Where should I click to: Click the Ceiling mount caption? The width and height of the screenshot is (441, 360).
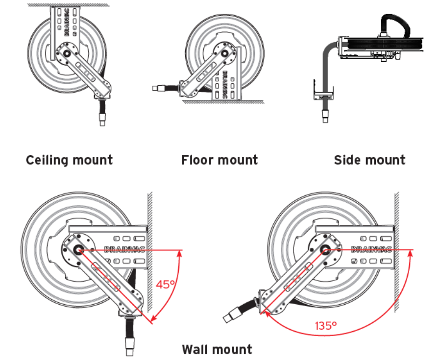point(69,160)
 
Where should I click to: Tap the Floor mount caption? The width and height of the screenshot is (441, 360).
point(219,160)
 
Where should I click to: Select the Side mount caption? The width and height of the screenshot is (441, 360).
point(369,160)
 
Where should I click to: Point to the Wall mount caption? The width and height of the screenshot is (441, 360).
point(217,349)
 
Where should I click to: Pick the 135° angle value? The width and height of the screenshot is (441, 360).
point(326,325)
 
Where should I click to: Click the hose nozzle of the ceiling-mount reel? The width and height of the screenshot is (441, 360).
point(102,119)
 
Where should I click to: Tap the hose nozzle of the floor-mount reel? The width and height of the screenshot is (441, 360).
point(158,89)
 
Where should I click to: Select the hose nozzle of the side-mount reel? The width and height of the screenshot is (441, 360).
point(325,116)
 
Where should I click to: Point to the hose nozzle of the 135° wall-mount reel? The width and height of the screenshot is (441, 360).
point(230,316)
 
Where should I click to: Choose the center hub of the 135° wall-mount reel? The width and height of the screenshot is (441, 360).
point(324,250)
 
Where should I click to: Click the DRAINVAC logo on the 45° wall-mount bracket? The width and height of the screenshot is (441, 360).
point(125,249)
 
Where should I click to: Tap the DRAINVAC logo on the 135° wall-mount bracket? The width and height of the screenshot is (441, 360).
point(371,249)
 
